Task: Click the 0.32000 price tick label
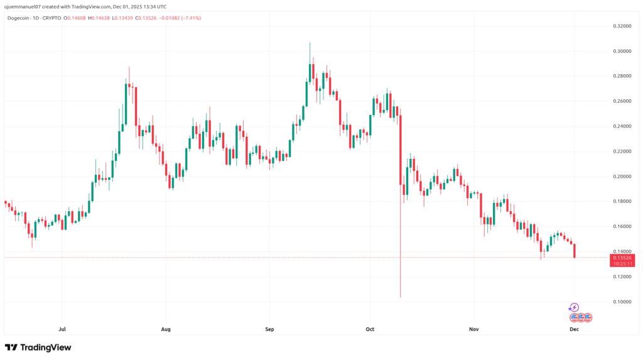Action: click(x=622, y=26)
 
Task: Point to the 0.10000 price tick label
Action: click(x=622, y=302)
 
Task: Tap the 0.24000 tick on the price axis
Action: click(x=622, y=126)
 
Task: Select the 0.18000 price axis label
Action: click(x=622, y=201)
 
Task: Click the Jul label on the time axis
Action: click(x=62, y=328)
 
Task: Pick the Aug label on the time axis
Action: click(x=166, y=328)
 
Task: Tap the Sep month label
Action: click(x=269, y=328)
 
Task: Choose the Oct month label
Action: click(x=370, y=328)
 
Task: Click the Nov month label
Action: click(x=474, y=328)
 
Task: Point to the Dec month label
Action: click(x=574, y=328)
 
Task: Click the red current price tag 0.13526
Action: click(x=622, y=258)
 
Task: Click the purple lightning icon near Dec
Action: click(x=573, y=307)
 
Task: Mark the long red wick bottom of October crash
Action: click(x=400, y=297)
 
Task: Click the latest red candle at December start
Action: click(x=575, y=250)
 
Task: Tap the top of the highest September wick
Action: click(x=310, y=43)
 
